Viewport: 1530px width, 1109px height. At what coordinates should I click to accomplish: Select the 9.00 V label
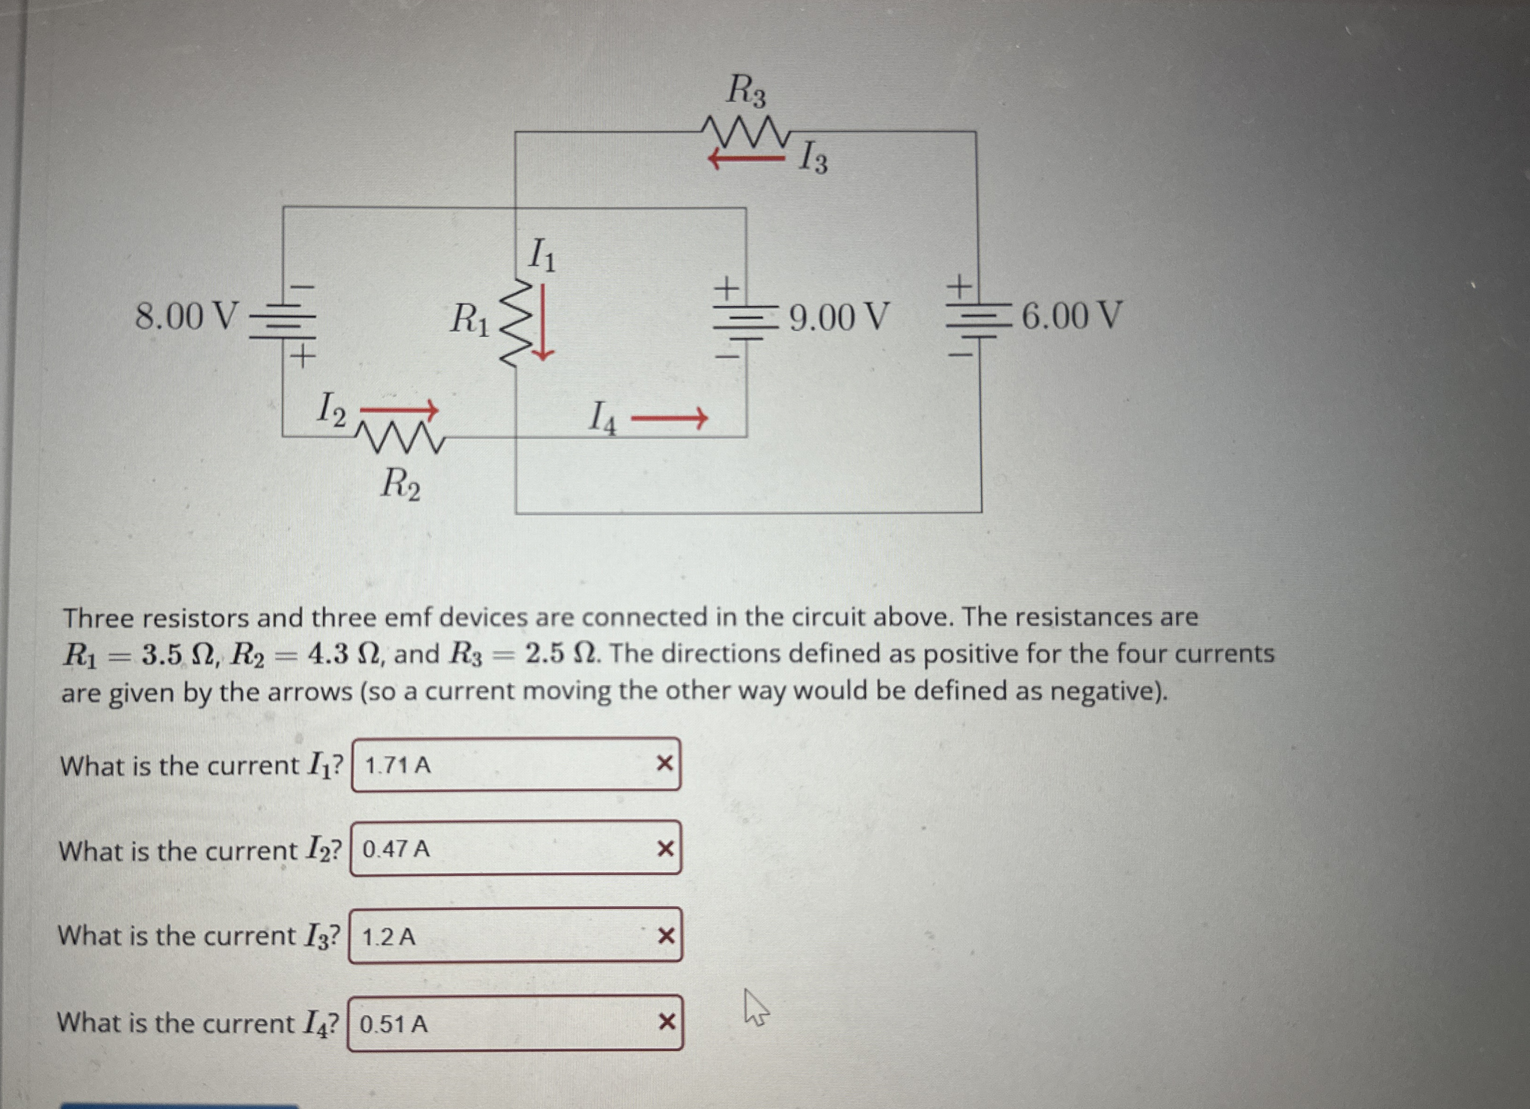839,317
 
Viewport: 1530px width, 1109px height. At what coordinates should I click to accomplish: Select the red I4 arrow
668,419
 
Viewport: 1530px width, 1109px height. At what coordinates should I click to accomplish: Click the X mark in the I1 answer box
665,764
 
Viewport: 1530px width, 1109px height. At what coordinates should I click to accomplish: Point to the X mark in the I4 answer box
666,1023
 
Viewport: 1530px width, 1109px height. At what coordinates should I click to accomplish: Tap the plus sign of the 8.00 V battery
303,355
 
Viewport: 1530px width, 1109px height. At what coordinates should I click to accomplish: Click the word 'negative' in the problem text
1106,691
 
